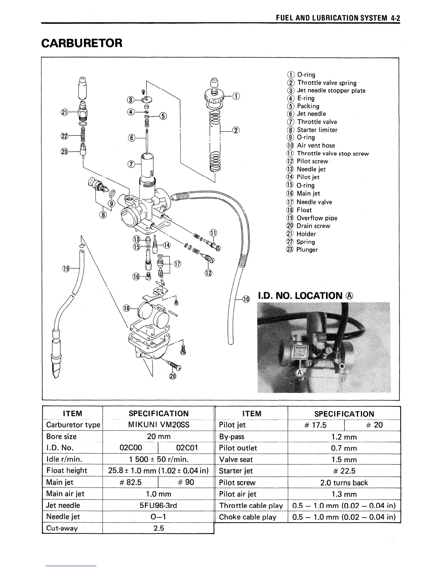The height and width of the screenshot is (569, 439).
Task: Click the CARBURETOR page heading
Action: point(82,43)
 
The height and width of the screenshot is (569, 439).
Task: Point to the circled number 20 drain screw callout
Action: point(173,376)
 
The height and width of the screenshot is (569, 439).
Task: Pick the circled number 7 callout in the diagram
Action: point(131,165)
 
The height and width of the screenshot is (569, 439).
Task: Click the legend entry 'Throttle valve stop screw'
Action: point(332,154)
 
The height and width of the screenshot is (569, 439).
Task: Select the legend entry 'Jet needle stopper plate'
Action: point(331,91)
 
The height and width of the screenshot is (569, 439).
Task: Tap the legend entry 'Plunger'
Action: point(307,250)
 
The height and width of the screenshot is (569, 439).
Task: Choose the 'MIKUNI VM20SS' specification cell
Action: point(159,425)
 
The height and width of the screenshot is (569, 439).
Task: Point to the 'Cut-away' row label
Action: point(62,528)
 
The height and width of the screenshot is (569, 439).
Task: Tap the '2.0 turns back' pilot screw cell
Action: point(344,482)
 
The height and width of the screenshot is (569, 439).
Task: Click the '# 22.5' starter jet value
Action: point(344,471)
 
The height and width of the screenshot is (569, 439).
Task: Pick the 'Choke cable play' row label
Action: point(247,517)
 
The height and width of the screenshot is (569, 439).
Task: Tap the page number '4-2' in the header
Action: point(395,18)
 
